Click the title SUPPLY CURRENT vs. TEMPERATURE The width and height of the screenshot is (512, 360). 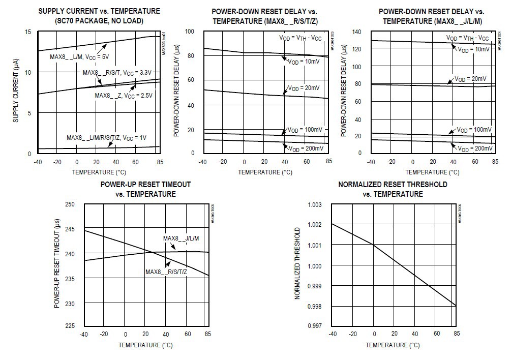[x=99, y=11]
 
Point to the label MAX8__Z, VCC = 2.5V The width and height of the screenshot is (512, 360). [x=124, y=95]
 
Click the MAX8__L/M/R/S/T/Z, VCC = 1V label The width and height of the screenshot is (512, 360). [x=106, y=138]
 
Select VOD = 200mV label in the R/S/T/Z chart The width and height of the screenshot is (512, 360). [x=306, y=148]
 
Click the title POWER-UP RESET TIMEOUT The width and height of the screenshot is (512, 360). [x=145, y=185]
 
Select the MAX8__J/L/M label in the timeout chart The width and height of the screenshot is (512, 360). [x=180, y=238]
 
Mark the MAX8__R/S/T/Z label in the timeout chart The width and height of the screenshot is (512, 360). [x=166, y=272]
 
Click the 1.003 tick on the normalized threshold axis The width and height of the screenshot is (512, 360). [x=315, y=205]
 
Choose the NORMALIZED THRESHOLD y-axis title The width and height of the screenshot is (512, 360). [x=298, y=265]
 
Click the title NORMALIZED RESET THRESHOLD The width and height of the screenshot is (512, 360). [x=393, y=185]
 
